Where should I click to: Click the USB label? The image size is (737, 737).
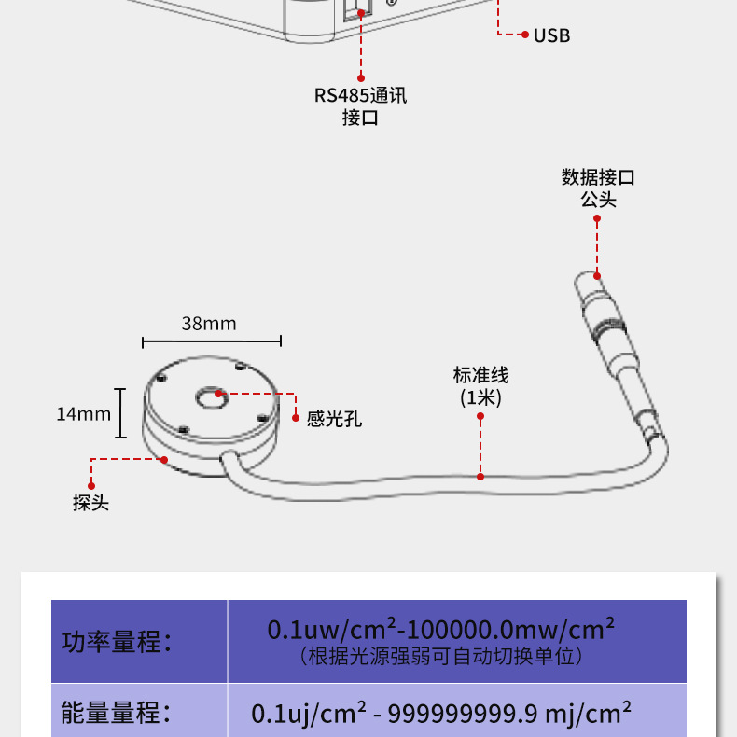pyautogui.click(x=550, y=35)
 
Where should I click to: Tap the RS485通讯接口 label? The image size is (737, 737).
pyautogui.click(x=360, y=106)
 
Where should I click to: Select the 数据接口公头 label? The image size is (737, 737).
pyautogui.click(x=598, y=188)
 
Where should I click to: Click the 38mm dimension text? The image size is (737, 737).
pyautogui.click(x=209, y=324)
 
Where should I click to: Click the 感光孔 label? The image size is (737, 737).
pyautogui.click(x=334, y=420)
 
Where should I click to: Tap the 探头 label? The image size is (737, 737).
pyautogui.click(x=90, y=502)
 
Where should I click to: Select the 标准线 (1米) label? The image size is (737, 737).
pyautogui.click(x=480, y=386)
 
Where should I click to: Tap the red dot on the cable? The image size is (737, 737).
pyautogui.click(x=480, y=476)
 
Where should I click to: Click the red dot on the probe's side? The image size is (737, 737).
pyautogui.click(x=164, y=459)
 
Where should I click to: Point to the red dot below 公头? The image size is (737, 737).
pyautogui.click(x=598, y=219)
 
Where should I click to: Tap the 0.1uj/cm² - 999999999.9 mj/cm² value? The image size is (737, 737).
pyautogui.click(x=441, y=715)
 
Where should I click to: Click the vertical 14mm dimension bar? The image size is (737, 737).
pyautogui.click(x=120, y=413)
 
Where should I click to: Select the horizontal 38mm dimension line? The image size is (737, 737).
pyautogui.click(x=212, y=342)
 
